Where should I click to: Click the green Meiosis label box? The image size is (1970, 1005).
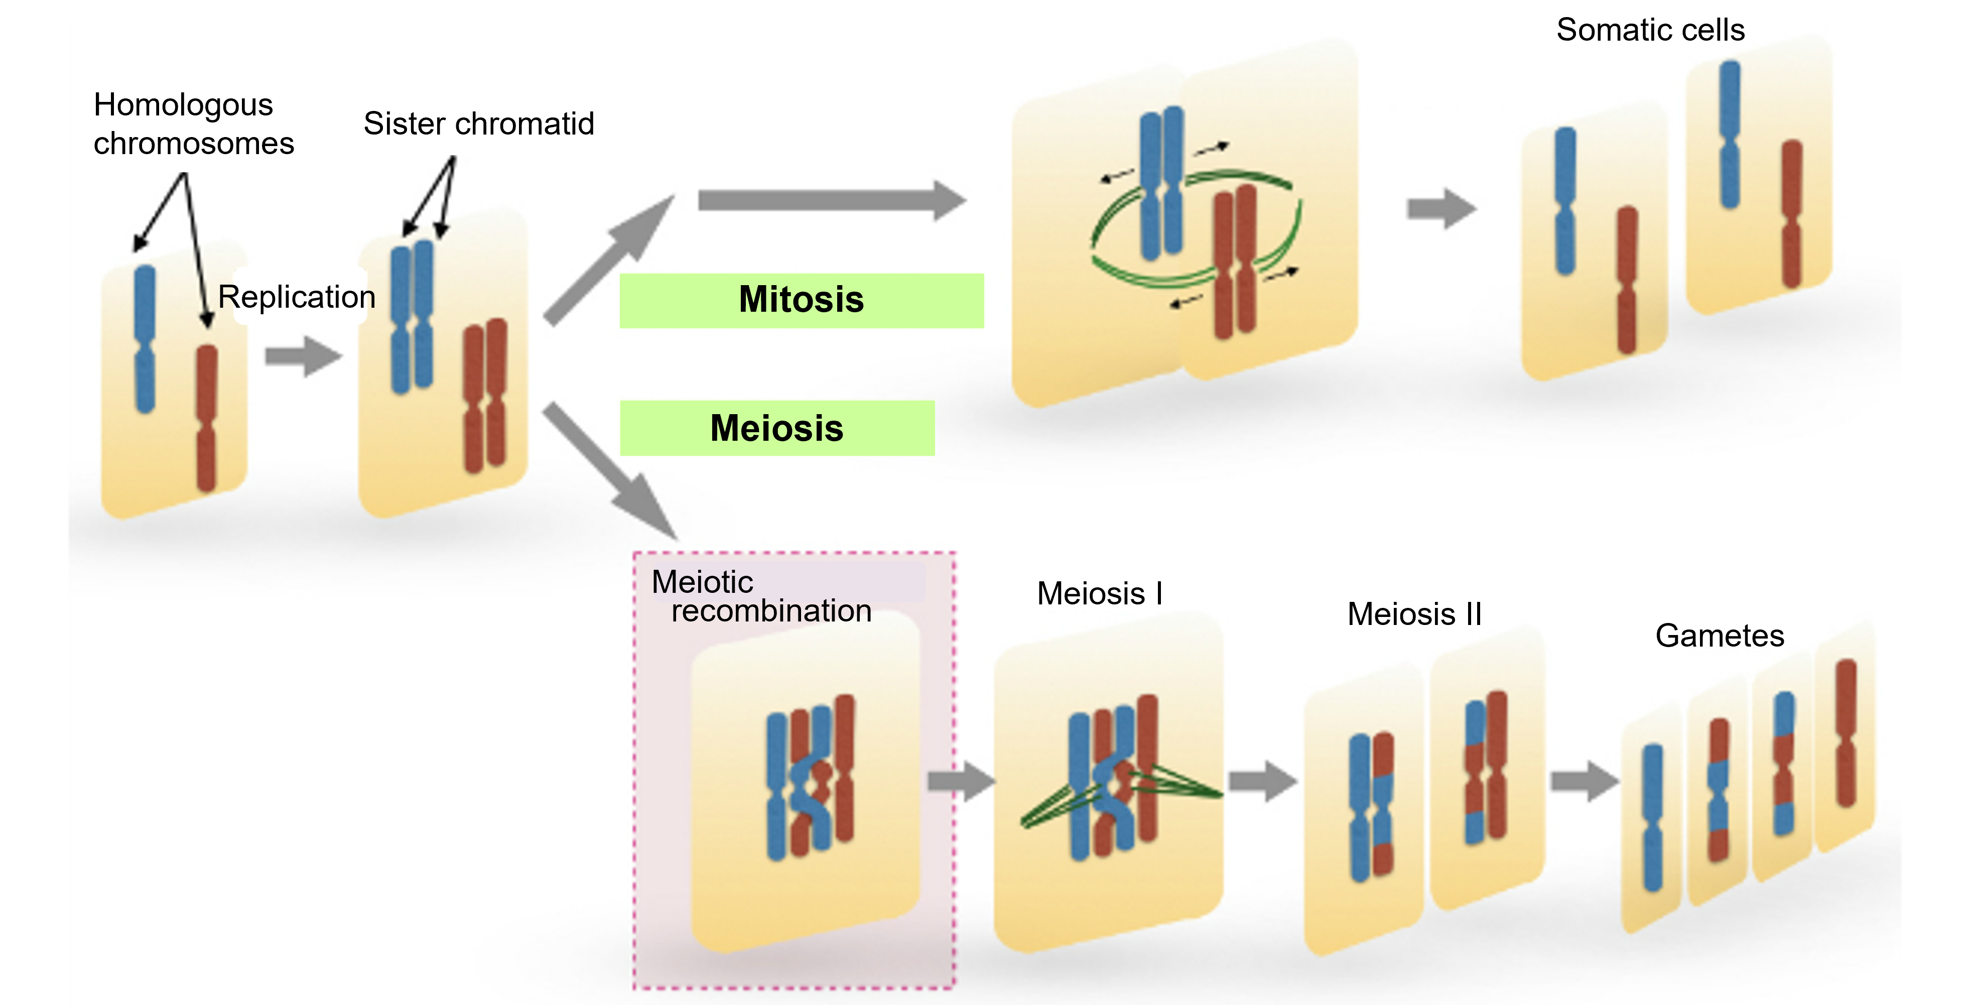[x=777, y=428]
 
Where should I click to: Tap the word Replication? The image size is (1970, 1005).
[x=297, y=297]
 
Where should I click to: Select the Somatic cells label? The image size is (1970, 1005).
[x=1650, y=31]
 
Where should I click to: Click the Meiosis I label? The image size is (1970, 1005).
[x=1100, y=593]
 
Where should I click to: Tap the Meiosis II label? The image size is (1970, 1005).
[x=1414, y=613]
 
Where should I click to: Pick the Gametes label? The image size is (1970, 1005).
[x=1719, y=636]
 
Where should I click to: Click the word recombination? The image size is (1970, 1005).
[x=771, y=611]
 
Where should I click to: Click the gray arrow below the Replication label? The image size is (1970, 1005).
[x=303, y=355]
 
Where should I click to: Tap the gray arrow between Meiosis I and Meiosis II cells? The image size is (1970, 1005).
[x=1263, y=781]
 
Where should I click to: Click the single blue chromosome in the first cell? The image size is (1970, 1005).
[x=145, y=339]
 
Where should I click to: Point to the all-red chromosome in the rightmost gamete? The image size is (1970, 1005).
[x=1846, y=733]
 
